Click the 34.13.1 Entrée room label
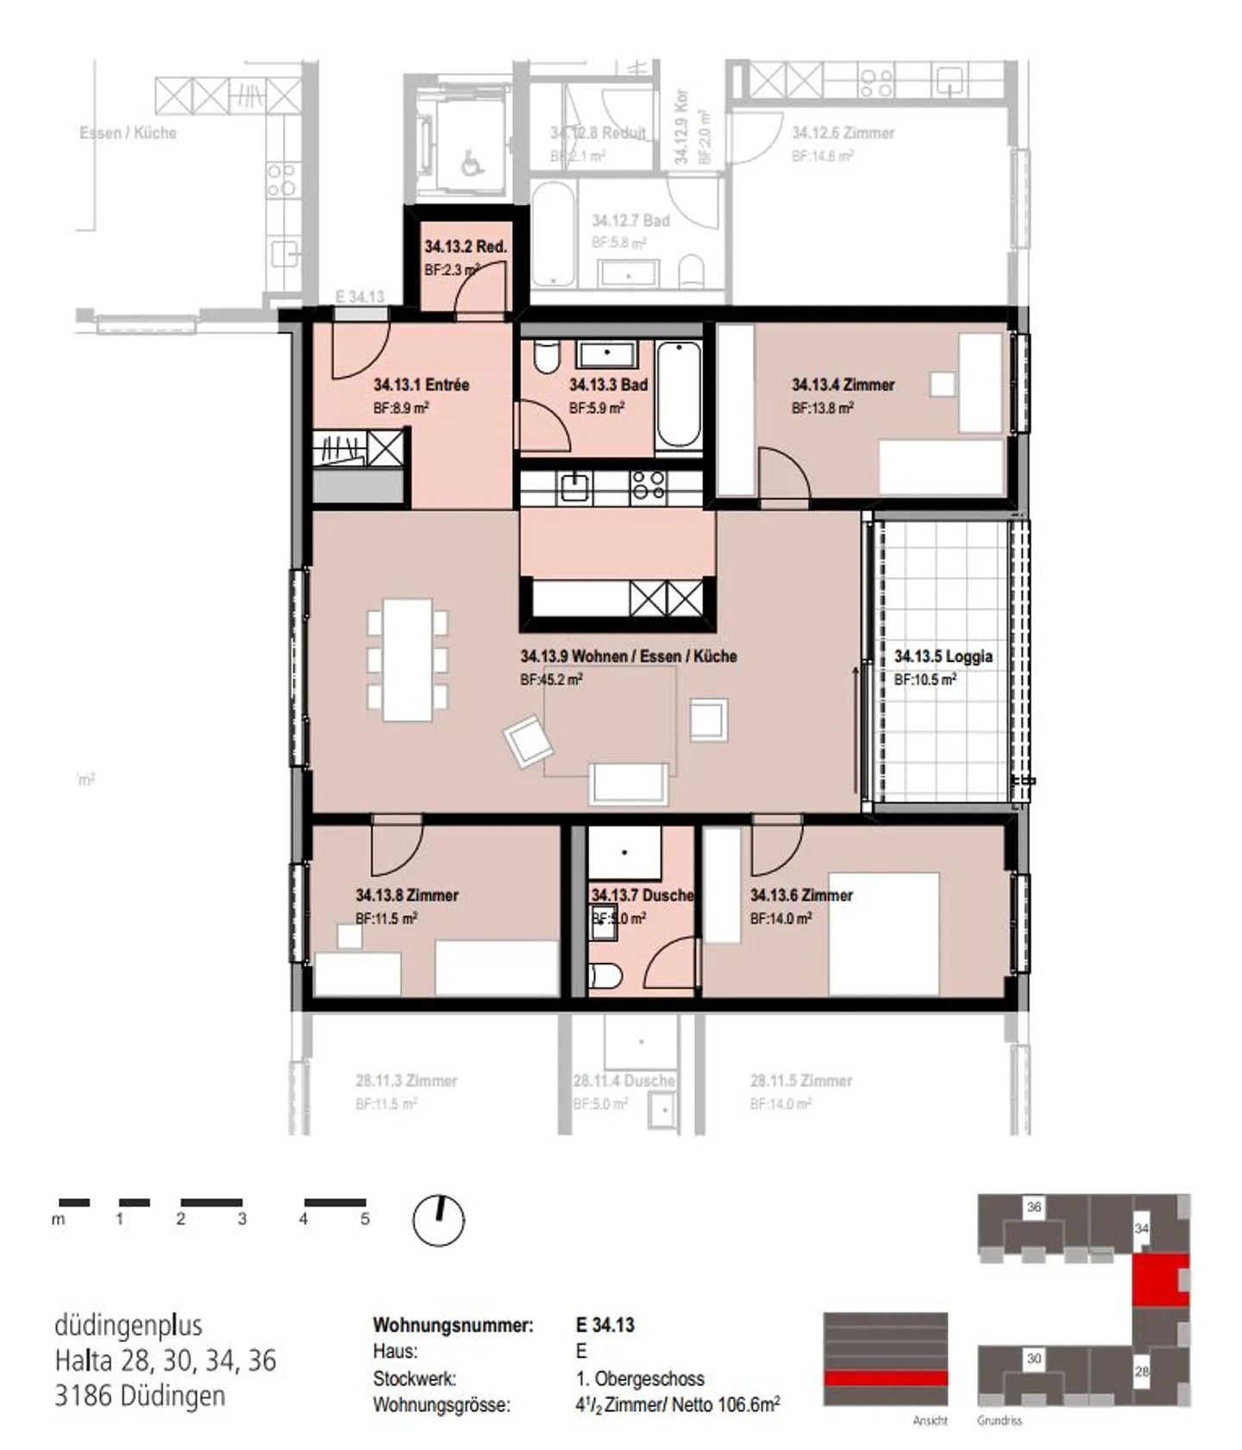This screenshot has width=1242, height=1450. point(421,385)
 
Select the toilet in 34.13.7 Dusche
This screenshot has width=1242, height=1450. point(605,976)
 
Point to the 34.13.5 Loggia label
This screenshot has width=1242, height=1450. point(943,656)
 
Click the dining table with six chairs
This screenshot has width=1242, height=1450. point(407,660)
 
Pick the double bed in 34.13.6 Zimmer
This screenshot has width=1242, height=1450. point(883,934)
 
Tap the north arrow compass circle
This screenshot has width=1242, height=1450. point(438,1221)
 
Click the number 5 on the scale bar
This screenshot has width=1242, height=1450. point(365,1219)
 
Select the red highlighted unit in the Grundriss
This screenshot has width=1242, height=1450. point(1160,1280)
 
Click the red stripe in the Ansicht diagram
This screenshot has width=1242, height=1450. point(885,1378)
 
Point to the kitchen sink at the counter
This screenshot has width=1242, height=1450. point(574,488)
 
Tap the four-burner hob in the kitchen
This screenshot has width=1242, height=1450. point(649,486)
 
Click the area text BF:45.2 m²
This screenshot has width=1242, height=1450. point(551,680)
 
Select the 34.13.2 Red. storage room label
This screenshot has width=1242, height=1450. point(465,247)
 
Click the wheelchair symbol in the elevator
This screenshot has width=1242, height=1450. point(471,161)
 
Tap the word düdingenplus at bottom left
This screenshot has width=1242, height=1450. point(129,1325)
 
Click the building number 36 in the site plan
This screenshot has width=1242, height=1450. point(1033,1208)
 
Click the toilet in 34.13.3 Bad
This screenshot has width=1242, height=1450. point(546,357)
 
